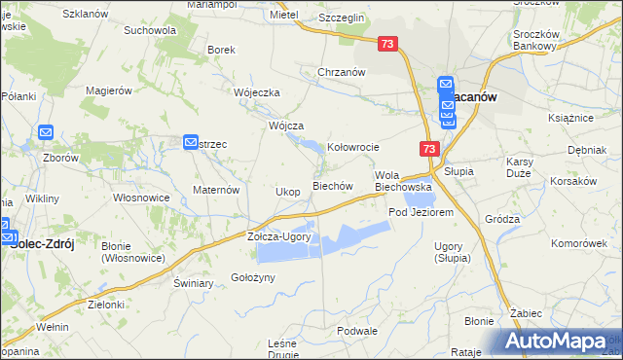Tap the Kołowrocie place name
pyautogui.click(x=352, y=147)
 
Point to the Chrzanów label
pyautogui.click(x=341, y=72)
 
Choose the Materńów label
pyautogui.click(x=216, y=190)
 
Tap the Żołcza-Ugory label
pyautogui.click(x=278, y=236)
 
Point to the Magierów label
pyautogui.click(x=108, y=90)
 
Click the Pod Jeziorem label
pyautogui.click(x=421, y=212)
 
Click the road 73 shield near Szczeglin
pyautogui.click(x=388, y=45)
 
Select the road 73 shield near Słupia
pyautogui.click(x=430, y=149)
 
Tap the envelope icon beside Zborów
pyautogui.click(x=45, y=132)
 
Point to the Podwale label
pyautogui.click(x=356, y=331)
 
